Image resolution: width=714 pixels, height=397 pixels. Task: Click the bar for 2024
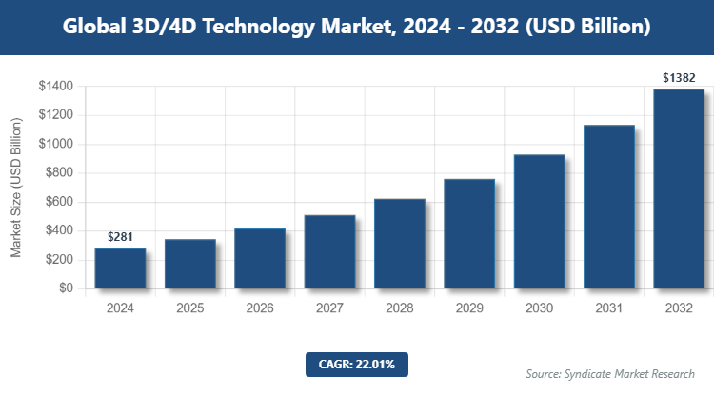coord(120,268)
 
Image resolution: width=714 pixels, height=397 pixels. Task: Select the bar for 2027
coord(329,252)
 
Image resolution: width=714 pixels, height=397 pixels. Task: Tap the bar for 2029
coord(469,234)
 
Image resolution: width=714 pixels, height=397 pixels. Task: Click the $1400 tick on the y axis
coord(54,87)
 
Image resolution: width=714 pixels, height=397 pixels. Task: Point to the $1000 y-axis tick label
coord(54,144)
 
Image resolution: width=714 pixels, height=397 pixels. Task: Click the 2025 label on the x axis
coord(189,308)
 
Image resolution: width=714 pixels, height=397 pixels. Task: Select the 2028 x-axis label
coord(399,308)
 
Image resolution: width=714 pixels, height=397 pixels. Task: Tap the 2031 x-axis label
coord(608,308)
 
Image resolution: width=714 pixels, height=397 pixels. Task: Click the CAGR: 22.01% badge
coord(357,364)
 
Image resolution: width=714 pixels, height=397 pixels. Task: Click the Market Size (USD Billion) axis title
coord(16,187)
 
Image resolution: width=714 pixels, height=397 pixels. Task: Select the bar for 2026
coord(260,259)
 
